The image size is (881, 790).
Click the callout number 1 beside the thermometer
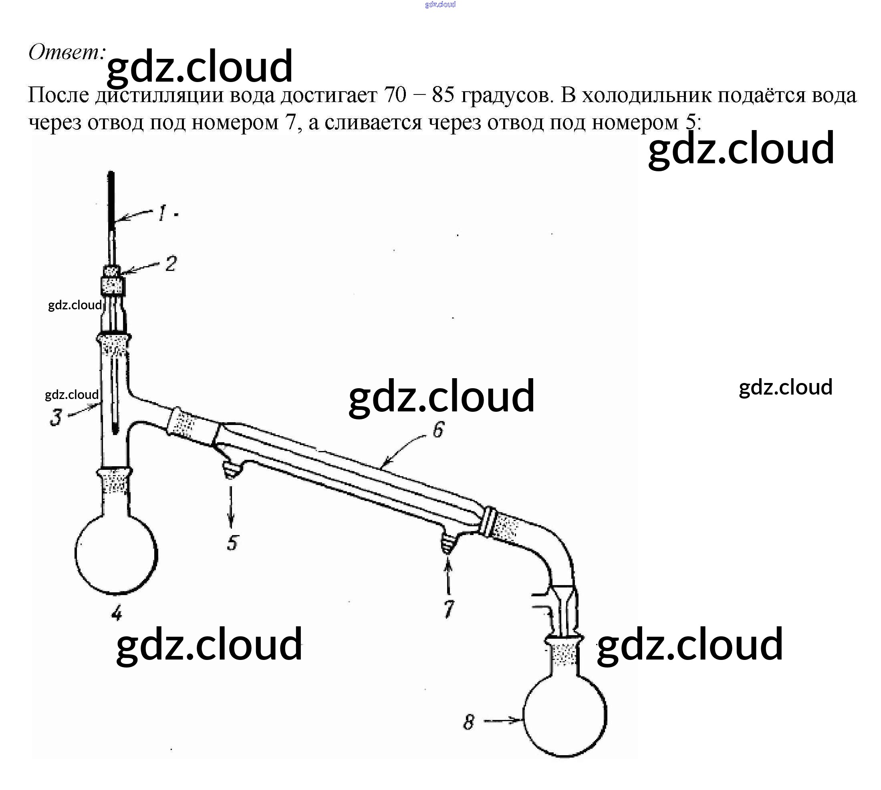[162, 213]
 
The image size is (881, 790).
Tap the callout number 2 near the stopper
[171, 263]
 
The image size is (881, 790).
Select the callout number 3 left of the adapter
[56, 417]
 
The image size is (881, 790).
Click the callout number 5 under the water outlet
[232, 543]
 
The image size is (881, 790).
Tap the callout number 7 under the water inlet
[448, 609]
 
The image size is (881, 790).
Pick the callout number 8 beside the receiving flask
[468, 722]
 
